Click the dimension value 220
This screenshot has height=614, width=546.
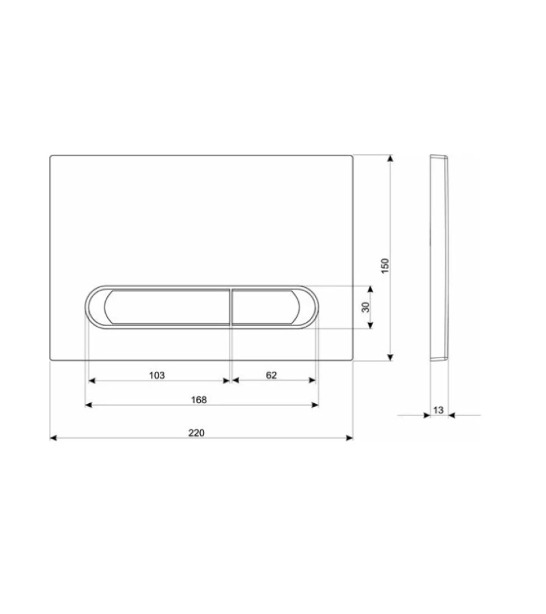click(197, 433)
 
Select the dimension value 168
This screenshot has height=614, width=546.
click(199, 400)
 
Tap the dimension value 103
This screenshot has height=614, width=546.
click(157, 375)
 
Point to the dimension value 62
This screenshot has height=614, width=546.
click(272, 375)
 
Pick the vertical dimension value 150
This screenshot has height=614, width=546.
click(386, 266)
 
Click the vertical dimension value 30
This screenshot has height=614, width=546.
click(365, 307)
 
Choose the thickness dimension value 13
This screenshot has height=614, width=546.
click(438, 410)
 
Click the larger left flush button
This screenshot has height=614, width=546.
click(167, 307)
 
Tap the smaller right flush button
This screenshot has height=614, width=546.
click(265, 307)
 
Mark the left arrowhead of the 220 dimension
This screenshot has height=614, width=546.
click(54, 438)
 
